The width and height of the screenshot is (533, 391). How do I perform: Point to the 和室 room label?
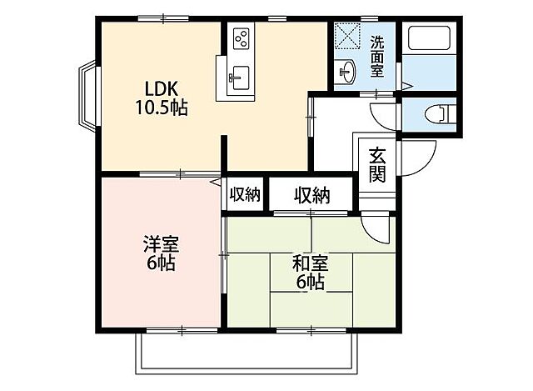[x=310, y=264]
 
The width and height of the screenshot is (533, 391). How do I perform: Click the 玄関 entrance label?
[x=378, y=163]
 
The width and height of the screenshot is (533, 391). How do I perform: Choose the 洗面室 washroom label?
[x=377, y=56]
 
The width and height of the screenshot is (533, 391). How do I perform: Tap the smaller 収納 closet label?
[x=244, y=194]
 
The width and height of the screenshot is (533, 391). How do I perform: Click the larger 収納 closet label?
[x=311, y=195]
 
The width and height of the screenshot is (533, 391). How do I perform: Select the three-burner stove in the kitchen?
[x=242, y=38]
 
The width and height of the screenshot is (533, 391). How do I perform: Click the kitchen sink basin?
[x=238, y=80]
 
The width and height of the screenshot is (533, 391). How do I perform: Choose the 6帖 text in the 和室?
[x=310, y=283]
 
